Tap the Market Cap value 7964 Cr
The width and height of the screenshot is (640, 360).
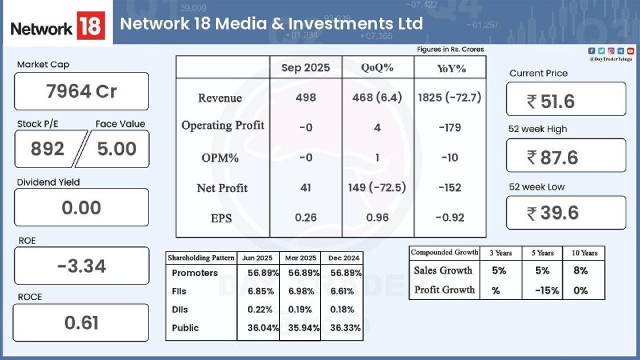coord(82,91)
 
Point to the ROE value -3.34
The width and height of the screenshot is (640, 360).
coord(82,266)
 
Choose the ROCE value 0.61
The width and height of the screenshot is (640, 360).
coord(82,322)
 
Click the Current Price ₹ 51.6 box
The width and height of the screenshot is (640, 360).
coord(566,100)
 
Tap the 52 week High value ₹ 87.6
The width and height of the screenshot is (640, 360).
coord(566,157)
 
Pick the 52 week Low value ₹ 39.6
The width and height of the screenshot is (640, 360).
coord(566,213)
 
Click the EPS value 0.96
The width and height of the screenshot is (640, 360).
coord(375,218)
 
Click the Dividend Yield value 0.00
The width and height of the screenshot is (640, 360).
coord(82,208)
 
